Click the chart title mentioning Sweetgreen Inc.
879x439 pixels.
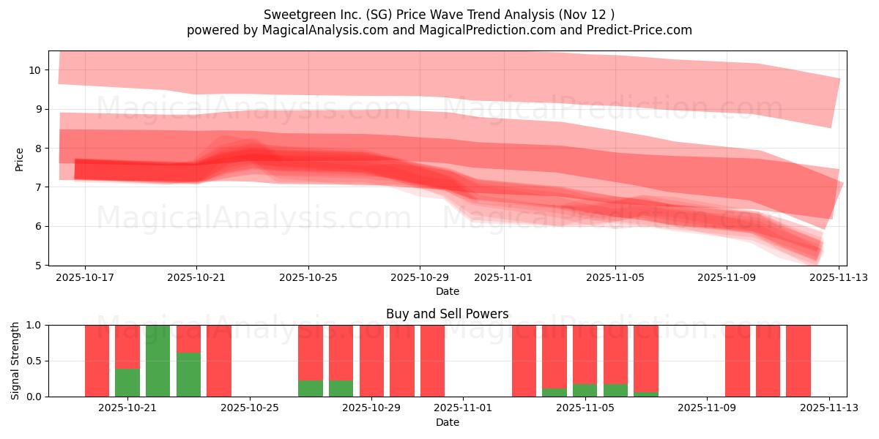pyautogui.click(x=439, y=14)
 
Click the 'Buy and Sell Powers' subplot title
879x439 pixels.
pyautogui.click(x=447, y=314)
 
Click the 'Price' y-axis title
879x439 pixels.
pyautogui.click(x=20, y=158)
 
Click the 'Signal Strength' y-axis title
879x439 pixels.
pyautogui.click(x=15, y=361)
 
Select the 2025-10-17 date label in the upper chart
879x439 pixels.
pyautogui.click(x=85, y=277)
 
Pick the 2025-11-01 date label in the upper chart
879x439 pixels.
pyautogui.click(x=504, y=277)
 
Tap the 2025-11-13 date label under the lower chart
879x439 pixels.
pyautogui.click(x=828, y=408)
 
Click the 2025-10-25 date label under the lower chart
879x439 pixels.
pyautogui.click(x=250, y=408)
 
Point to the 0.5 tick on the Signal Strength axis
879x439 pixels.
pyautogui.click(x=35, y=361)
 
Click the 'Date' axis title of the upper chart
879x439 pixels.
pyautogui.click(x=447, y=291)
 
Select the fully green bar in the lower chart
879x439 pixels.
pyautogui.click(x=157, y=361)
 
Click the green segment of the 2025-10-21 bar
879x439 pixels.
pyautogui.click(x=127, y=382)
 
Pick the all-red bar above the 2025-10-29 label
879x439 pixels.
pyautogui.click(x=371, y=361)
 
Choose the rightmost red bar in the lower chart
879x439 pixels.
pyautogui.click(x=798, y=361)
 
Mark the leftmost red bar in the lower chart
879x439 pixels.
pyautogui.click(x=97, y=361)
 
